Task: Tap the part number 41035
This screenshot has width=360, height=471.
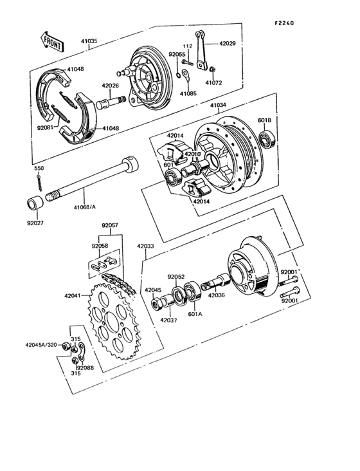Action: point(90,41)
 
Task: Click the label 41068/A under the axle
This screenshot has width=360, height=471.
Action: point(84,207)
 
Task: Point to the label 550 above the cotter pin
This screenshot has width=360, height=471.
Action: point(39,168)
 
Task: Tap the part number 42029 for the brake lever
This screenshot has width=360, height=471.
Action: point(228,42)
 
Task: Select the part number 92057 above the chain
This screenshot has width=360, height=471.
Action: point(111,225)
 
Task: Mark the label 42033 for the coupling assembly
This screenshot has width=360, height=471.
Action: point(145,245)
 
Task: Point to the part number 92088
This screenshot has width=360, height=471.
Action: point(85,367)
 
